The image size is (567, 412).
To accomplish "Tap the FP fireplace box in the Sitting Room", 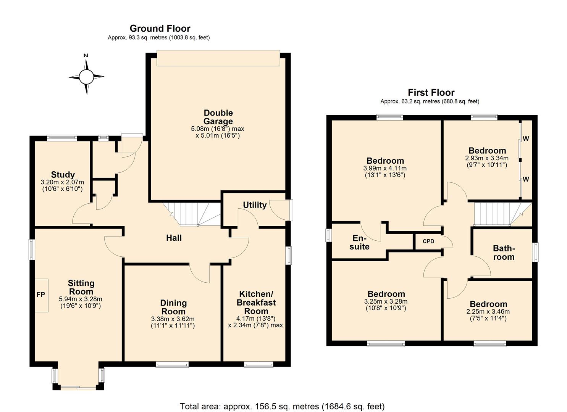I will point(41,295).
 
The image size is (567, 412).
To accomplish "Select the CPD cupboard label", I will point(428,241).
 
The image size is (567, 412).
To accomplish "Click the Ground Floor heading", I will point(160,29).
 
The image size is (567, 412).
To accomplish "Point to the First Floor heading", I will point(431,92).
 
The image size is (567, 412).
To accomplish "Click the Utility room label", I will point(255,205).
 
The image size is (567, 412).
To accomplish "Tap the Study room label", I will point(63,175).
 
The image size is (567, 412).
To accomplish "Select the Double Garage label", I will point(218,117).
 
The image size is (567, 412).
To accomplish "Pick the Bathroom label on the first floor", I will point(504,253).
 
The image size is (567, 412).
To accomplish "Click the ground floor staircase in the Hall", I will point(190,214).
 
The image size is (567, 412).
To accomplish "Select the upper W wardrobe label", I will point(526,138).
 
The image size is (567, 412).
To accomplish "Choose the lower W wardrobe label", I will point(526,179).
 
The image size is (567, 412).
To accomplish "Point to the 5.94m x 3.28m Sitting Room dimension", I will point(81,299).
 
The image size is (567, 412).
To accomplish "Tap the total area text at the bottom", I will point(282,406).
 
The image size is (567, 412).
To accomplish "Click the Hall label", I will point(174,238).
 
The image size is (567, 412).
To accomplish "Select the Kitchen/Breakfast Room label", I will point(256,303).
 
